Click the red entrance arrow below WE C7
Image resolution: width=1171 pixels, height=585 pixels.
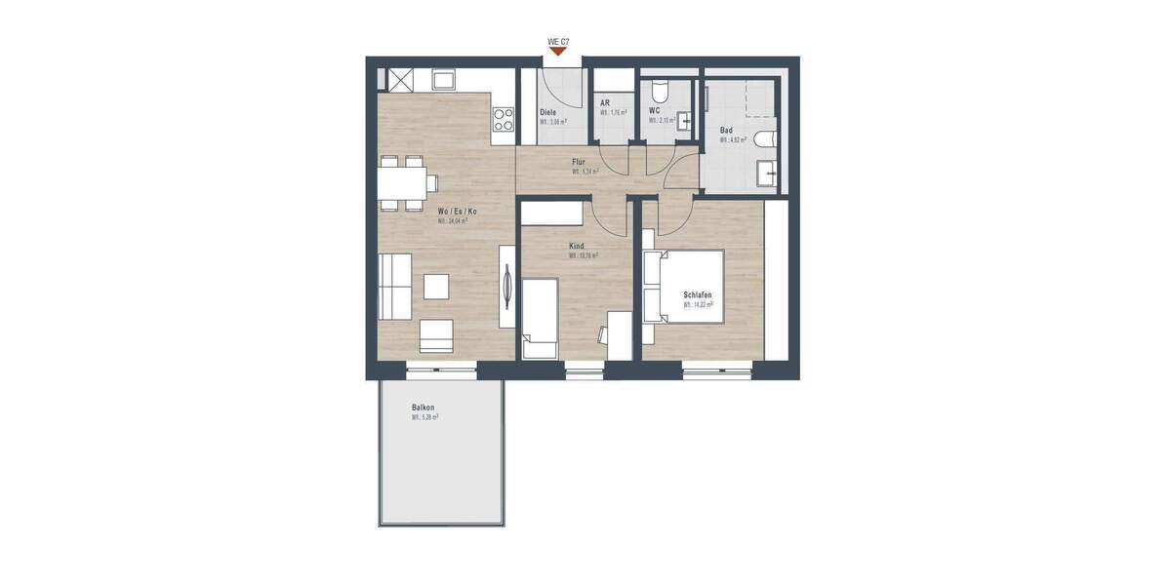tap(558, 53)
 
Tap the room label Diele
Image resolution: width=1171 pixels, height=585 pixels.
tap(548, 112)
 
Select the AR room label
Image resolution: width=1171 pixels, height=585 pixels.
tap(605, 102)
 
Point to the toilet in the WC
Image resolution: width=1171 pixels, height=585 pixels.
tap(659, 93)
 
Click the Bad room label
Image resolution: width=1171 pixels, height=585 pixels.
tap(726, 130)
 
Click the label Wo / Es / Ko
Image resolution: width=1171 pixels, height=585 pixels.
tap(459, 211)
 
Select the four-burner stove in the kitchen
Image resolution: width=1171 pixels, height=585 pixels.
tap(504, 120)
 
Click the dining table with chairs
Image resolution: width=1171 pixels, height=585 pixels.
tap(401, 182)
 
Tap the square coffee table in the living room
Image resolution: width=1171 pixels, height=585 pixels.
tap(436, 287)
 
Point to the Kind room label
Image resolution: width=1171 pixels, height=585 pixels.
tap(578, 247)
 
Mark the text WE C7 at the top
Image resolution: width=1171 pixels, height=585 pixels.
tap(558, 42)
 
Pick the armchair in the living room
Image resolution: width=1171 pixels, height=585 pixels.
tap(436, 335)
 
